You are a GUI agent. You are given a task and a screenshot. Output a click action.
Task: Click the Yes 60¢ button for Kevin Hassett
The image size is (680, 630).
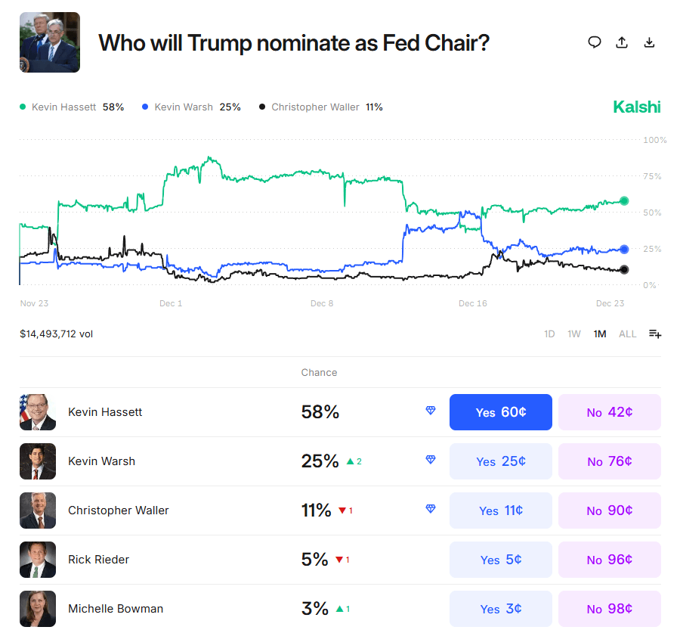(x=500, y=412)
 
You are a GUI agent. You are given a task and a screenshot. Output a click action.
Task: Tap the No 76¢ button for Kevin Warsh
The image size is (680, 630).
(x=609, y=461)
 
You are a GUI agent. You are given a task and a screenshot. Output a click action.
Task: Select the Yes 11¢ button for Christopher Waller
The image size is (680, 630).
(x=500, y=511)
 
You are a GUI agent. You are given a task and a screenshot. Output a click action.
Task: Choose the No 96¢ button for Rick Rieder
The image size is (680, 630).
(x=609, y=560)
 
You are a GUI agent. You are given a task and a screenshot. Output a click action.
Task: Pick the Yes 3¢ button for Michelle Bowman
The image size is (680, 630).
(x=500, y=609)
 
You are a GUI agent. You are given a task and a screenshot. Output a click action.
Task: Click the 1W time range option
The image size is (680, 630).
(x=574, y=334)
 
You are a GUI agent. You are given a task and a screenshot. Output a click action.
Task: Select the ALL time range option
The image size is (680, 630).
(x=627, y=334)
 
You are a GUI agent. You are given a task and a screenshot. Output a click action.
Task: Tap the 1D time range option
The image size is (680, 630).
(x=549, y=334)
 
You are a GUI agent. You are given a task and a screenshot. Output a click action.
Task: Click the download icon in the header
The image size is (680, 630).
(x=649, y=42)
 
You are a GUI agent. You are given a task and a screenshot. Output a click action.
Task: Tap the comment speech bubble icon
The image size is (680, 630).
(x=595, y=42)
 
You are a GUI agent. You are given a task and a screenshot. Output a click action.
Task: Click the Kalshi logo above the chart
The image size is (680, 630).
(x=636, y=107)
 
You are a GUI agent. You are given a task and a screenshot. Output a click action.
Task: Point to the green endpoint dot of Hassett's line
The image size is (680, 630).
(x=624, y=200)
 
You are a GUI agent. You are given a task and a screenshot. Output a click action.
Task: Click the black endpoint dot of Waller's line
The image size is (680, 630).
(x=624, y=270)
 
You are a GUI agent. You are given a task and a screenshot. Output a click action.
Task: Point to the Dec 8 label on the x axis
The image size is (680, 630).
(x=321, y=304)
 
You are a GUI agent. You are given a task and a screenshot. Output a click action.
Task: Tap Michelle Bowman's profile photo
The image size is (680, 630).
(x=38, y=609)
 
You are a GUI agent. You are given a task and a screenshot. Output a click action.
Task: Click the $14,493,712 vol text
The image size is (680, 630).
(x=57, y=334)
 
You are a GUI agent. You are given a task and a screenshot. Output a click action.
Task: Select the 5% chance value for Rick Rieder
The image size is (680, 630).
(x=314, y=560)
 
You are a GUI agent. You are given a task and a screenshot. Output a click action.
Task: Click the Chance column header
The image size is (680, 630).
(x=319, y=373)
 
